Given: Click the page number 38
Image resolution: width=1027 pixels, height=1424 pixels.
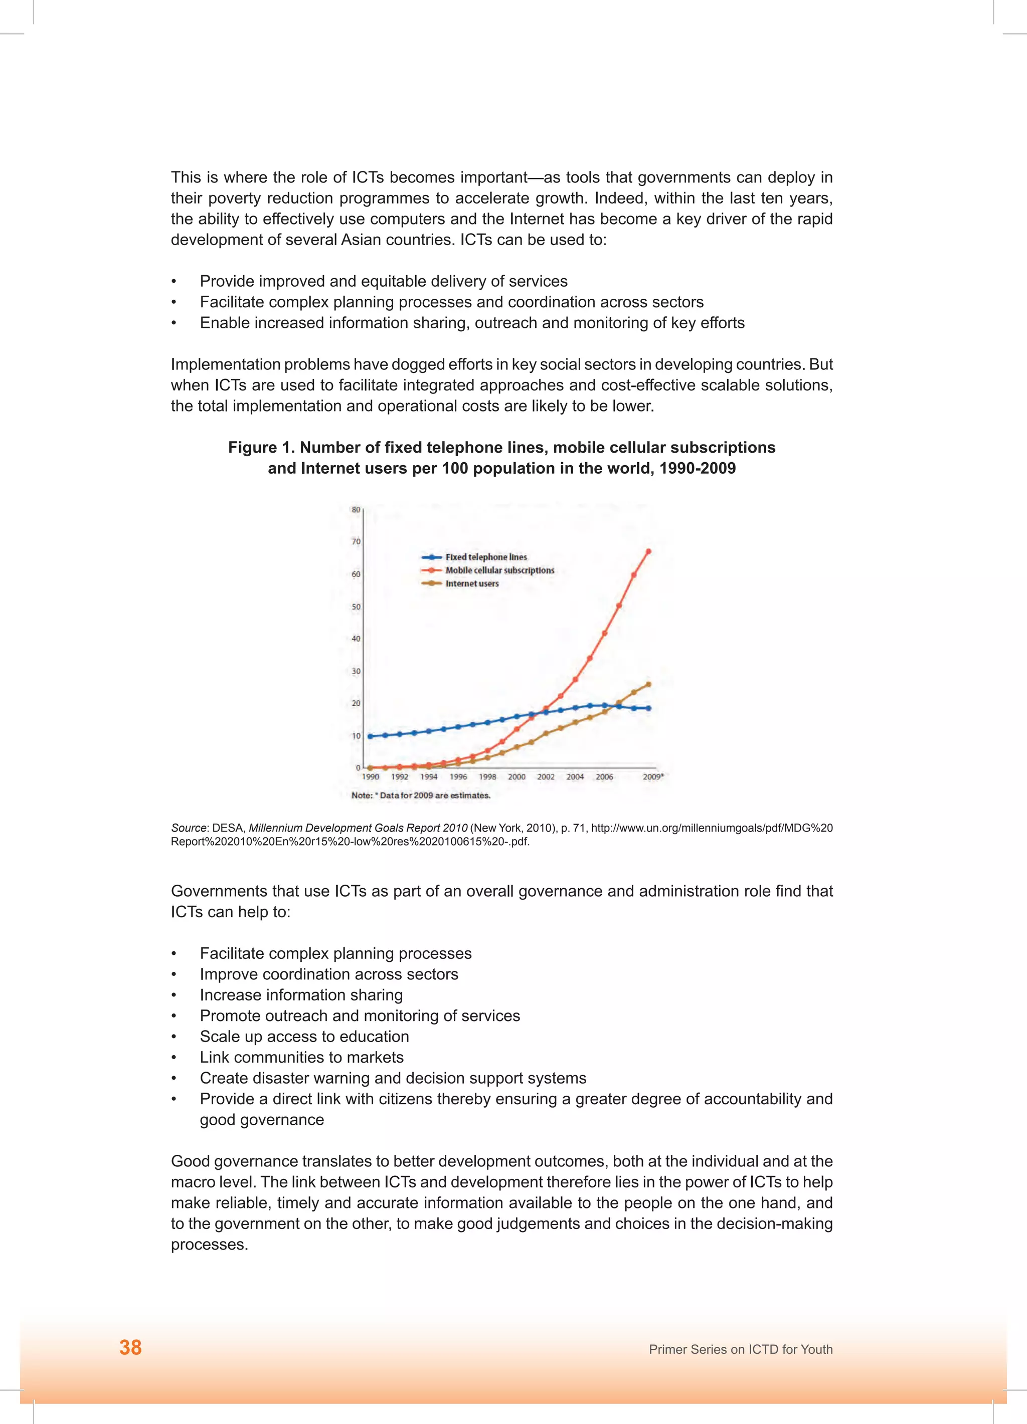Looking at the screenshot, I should coord(131,1347).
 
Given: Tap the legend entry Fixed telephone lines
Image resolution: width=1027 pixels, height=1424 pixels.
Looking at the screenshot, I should coord(485,557).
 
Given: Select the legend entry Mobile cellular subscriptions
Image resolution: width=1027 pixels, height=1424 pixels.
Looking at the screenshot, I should coord(499,570).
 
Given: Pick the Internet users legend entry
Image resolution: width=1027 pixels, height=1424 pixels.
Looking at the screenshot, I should coord(472,583).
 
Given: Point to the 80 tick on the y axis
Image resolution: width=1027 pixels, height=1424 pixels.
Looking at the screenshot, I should coord(356,509).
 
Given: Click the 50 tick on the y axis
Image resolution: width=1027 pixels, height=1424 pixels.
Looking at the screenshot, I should coord(356,606).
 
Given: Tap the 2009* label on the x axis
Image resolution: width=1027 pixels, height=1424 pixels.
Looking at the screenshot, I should coord(652,777).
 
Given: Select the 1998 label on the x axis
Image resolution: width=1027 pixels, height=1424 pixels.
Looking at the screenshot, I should coord(487,777).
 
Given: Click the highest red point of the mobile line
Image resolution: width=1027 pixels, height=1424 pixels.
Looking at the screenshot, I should coord(648,551).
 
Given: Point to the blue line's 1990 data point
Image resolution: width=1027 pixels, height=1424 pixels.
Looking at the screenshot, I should coord(370,736).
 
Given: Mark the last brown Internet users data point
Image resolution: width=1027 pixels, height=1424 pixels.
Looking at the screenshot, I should coord(648,684).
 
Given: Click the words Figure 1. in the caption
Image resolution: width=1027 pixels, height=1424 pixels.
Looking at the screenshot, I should coord(261,447).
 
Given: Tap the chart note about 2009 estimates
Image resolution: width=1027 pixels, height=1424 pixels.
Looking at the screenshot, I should coord(420,795).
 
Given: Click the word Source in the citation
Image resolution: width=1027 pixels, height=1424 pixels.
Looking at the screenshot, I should coord(189,828).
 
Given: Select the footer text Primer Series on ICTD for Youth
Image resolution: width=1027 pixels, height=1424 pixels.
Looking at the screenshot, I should coord(741,1349).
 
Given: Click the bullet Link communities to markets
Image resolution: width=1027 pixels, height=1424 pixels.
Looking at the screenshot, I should coord(301,1057).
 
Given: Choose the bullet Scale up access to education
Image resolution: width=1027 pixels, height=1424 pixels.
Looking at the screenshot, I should coord(304,1036).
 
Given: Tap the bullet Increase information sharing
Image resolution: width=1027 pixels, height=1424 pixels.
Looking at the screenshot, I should coord(301,994).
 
